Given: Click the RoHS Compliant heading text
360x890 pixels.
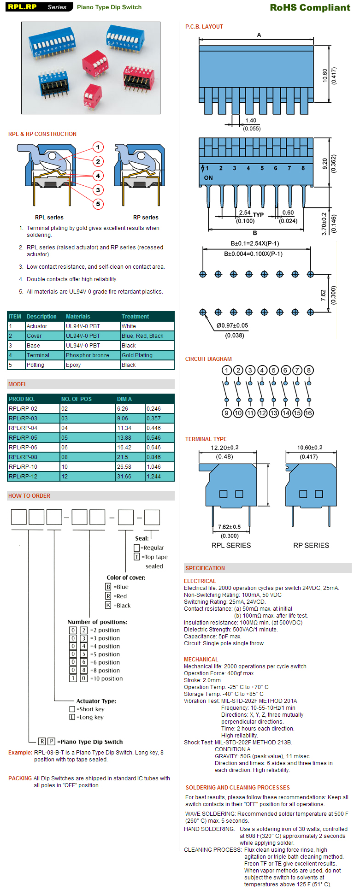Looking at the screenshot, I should [310, 7].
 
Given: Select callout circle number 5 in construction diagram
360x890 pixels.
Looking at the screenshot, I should [98, 204].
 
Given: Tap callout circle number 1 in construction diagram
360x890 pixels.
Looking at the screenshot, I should [98, 147].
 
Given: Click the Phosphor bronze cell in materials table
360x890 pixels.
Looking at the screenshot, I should [87, 355].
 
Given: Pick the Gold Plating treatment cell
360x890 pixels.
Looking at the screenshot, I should [137, 355].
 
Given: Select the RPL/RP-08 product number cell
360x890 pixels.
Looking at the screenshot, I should [23, 457].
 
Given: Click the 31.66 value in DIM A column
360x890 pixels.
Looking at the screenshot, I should [124, 477].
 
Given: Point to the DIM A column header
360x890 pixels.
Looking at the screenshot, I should [124, 399].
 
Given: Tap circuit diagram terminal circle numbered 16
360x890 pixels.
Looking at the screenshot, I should [309, 413].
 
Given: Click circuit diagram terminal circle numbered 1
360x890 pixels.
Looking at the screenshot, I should [226, 370].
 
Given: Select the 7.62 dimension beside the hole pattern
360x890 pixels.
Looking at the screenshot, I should [323, 295].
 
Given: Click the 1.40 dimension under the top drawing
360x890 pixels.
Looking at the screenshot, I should [251, 121].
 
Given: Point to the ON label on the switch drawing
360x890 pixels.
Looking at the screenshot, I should [208, 178].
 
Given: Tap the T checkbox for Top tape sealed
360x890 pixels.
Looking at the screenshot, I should [136, 557].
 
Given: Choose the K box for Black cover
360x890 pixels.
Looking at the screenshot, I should [108, 605].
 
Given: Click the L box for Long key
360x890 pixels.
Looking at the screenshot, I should [72, 717].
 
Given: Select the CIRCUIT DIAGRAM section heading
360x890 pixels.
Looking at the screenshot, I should [208, 359].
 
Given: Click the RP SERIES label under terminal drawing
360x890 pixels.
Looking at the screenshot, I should [311, 545].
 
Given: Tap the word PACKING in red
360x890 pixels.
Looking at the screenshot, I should [20, 778].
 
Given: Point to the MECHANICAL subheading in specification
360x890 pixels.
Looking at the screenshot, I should [201, 660].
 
